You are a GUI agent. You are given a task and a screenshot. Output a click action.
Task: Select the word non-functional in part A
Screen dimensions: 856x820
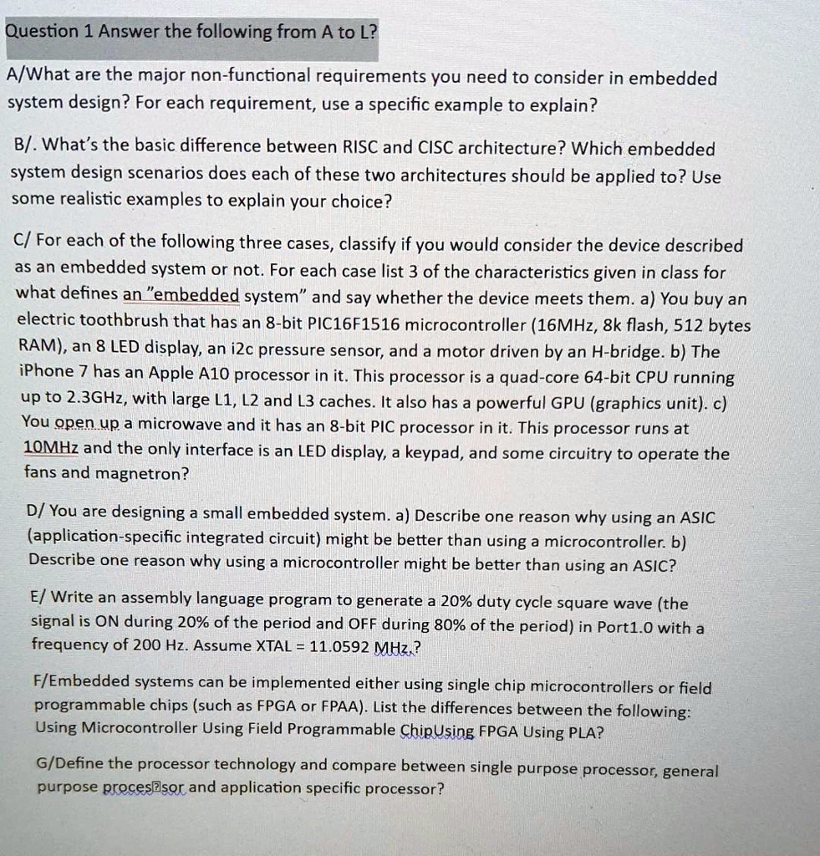click(x=251, y=76)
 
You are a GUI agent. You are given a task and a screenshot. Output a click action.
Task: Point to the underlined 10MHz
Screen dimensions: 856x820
click(x=52, y=450)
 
